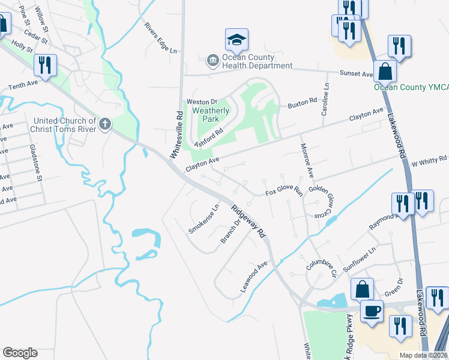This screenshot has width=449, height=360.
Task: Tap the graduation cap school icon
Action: [237, 40]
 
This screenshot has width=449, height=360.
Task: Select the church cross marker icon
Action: [105, 125]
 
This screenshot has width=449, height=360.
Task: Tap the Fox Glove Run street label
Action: [285, 192]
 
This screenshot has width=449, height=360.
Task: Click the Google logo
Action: [20, 353]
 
